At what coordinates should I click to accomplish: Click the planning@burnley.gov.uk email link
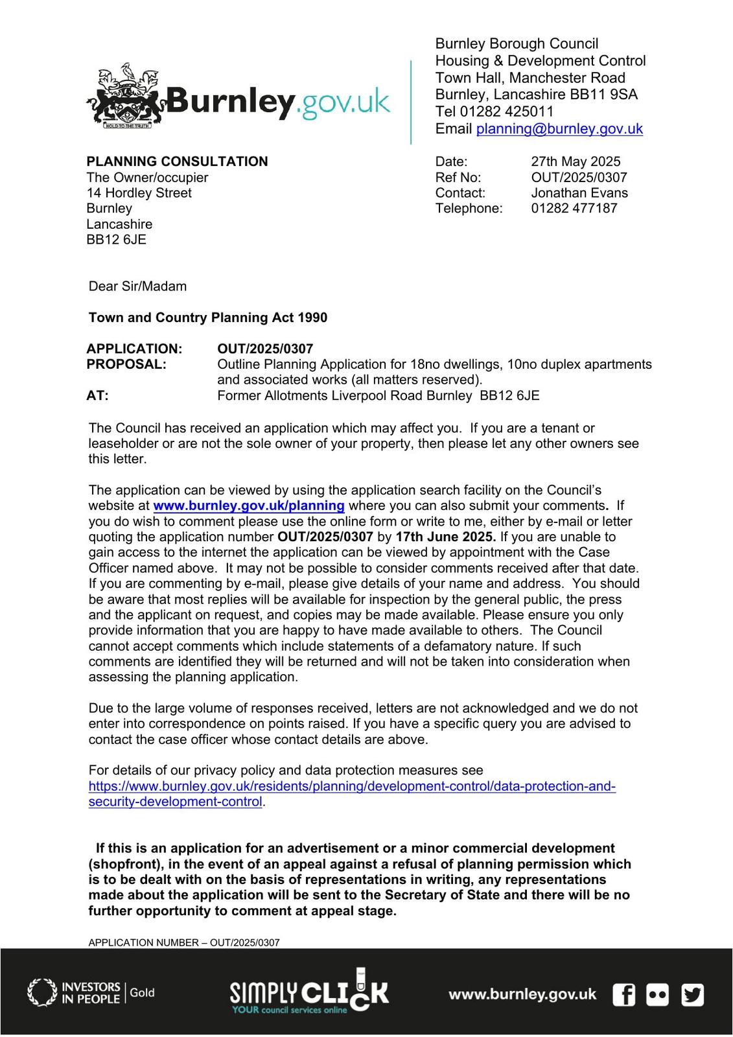coord(559,128)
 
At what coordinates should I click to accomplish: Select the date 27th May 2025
coord(576,161)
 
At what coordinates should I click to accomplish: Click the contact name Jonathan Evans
coord(579,192)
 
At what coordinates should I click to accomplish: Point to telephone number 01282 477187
coord(574,208)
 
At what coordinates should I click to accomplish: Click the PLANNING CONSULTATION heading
coord(177,161)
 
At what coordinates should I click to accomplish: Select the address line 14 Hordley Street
coord(139,192)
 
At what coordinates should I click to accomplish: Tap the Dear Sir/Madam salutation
coord(137,286)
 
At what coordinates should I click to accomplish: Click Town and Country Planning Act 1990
coord(207,318)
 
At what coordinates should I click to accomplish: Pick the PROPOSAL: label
coord(126,364)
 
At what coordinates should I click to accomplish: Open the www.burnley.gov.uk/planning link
coord(248,506)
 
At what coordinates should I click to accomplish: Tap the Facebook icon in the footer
coord(623,994)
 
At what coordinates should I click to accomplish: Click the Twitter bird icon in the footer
coord(692,994)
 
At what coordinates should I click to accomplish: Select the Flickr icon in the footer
coord(657,994)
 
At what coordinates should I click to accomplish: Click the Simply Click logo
coord(309,992)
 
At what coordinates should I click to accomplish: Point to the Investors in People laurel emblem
coord(41,993)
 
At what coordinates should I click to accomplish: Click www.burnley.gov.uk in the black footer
coord(522,994)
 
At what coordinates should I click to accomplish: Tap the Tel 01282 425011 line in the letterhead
coord(494,111)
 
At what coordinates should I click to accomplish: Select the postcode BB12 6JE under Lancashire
coord(116,239)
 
